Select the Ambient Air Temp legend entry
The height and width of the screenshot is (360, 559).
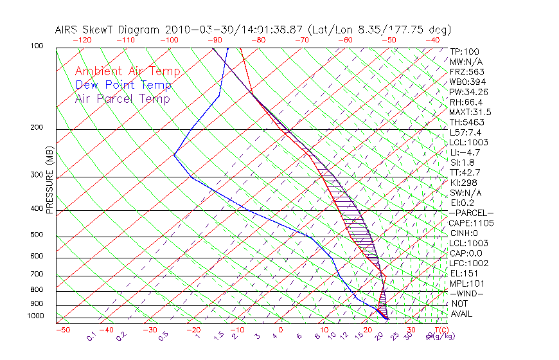pyautogui.click(x=127, y=71)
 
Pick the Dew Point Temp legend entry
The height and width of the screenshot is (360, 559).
pyautogui.click(x=123, y=85)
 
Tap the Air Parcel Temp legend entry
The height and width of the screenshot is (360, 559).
pyautogui.click(x=122, y=98)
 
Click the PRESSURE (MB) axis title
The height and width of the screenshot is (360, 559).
pyautogui.click(x=49, y=180)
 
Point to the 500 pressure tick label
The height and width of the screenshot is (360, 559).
pyautogui.click(x=37, y=235)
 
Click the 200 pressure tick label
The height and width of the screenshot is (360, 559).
pyautogui.click(x=37, y=128)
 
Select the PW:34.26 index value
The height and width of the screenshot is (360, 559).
pyautogui.click(x=469, y=92)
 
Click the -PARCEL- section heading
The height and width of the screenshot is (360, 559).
pyautogui.click(x=471, y=213)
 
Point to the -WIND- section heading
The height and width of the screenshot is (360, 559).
pyautogui.click(x=466, y=293)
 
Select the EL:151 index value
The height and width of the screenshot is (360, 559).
pyautogui.click(x=464, y=273)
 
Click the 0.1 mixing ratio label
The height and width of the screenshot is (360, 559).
pyautogui.click(x=92, y=336)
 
